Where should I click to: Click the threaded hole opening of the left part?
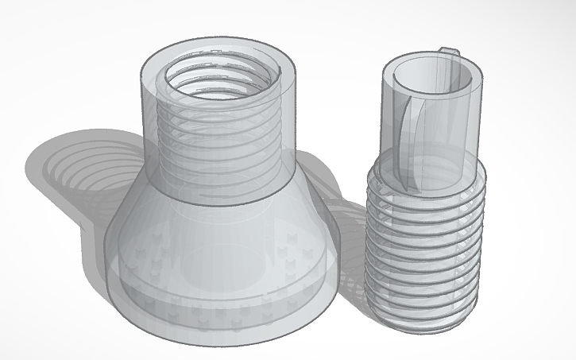(x=222, y=76)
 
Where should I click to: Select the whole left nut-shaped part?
(x=218, y=199)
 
